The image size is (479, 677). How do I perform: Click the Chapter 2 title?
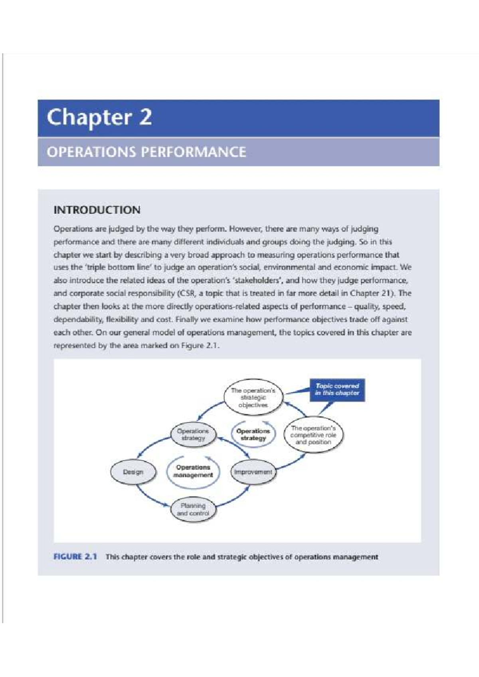click(x=99, y=118)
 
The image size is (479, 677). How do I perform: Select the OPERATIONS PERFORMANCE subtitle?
click(x=146, y=152)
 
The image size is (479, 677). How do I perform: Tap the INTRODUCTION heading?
click(x=97, y=210)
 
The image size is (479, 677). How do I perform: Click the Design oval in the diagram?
click(x=133, y=472)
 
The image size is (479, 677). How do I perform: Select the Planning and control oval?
click(x=193, y=510)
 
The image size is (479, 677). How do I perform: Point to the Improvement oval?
click(x=253, y=472)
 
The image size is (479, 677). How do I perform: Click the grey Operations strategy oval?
click(x=193, y=435)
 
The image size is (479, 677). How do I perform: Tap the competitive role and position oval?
click(x=313, y=435)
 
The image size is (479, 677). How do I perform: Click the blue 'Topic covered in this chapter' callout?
click(x=337, y=390)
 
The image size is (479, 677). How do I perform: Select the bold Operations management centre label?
click(x=193, y=471)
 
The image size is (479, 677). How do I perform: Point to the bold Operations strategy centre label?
click(x=253, y=435)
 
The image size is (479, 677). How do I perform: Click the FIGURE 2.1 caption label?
click(x=75, y=557)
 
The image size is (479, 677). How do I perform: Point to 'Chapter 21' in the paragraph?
click(x=370, y=293)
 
